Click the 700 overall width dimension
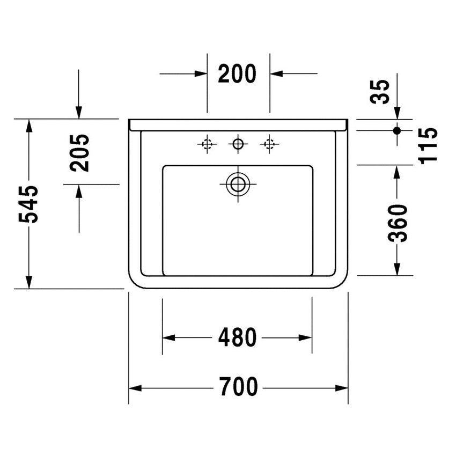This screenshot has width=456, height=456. [238, 387]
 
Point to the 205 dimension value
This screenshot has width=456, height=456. [79, 152]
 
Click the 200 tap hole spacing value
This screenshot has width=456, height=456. [237, 73]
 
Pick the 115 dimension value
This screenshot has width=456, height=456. [429, 145]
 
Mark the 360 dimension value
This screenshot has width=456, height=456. [398, 223]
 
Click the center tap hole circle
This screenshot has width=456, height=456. [238, 144]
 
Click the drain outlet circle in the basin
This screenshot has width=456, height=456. [237, 184]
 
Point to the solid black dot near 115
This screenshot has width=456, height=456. [397, 130]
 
